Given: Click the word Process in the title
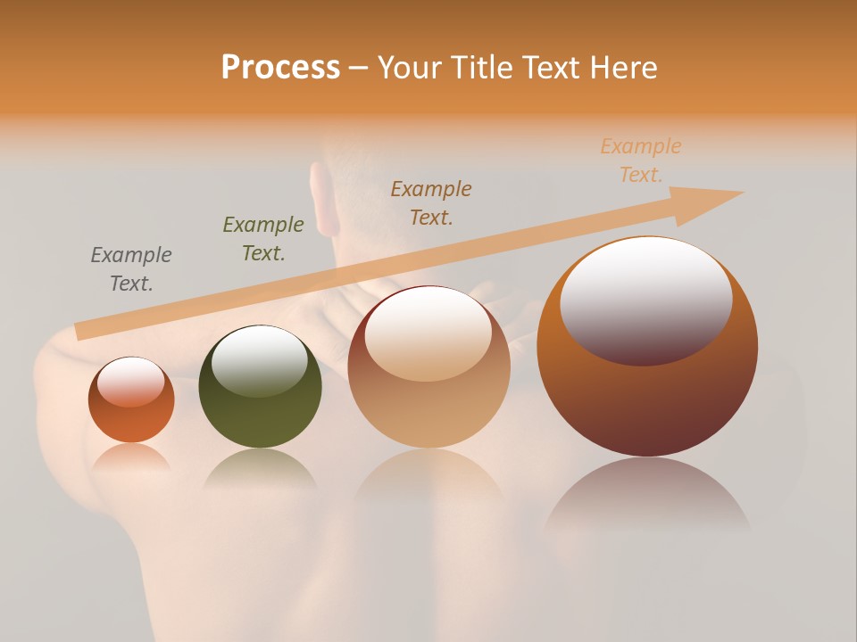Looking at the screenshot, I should (x=280, y=68).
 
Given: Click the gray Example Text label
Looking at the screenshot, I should (x=130, y=268).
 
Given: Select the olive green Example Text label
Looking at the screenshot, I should (x=262, y=238).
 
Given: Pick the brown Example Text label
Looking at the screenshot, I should (x=430, y=202).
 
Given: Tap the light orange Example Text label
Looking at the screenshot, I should (x=640, y=160).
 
